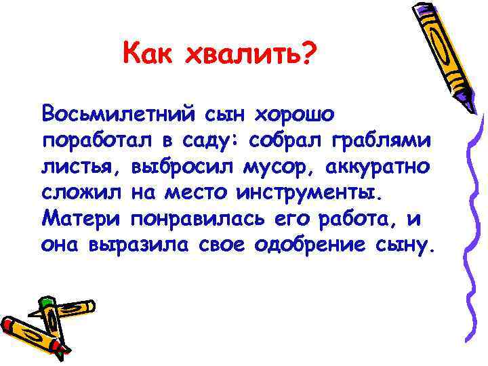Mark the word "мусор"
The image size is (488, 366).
pyautogui.click(x=267, y=165)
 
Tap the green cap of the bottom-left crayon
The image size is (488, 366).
pyautogui.click(x=46, y=302)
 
